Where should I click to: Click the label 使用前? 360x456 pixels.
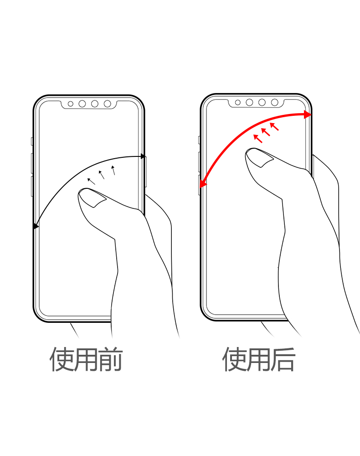[x=86, y=359]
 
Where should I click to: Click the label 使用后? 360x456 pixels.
[x=258, y=359]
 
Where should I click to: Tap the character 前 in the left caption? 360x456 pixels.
[x=110, y=359]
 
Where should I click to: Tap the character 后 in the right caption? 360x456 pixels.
[x=283, y=359]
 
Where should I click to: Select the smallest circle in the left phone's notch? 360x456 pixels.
[x=70, y=104]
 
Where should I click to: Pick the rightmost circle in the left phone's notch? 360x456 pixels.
[x=108, y=104]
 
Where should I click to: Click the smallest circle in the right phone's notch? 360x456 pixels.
[x=238, y=102]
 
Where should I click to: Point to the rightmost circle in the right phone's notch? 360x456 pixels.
[x=275, y=102]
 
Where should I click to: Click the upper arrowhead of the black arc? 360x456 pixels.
[x=143, y=156]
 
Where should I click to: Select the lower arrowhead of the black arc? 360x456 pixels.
[x=36, y=226]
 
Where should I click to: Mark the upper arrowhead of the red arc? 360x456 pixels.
[x=308, y=114]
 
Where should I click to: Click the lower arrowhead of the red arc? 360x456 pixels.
[x=203, y=183]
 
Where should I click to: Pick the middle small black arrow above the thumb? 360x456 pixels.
[x=101, y=175]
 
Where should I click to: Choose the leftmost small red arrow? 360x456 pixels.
[x=258, y=139]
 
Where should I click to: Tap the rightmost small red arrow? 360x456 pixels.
[x=275, y=126]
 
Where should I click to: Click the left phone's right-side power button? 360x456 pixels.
[x=145, y=171]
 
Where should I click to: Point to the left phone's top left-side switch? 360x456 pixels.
[x=32, y=141]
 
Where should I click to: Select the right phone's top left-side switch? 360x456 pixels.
[x=199, y=140]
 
